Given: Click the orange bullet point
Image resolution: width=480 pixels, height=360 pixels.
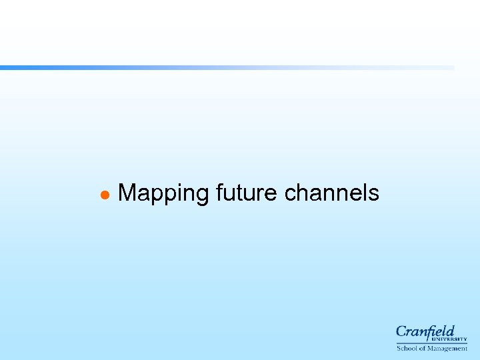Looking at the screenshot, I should pos(104,195).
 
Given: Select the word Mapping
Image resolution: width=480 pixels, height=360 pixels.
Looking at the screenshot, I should pos(163,194).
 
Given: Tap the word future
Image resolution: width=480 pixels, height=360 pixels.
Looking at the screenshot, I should pos(247,193).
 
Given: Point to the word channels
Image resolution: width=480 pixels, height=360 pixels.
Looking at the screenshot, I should pos(331,193).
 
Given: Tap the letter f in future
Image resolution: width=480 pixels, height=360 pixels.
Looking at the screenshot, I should pos(220,193).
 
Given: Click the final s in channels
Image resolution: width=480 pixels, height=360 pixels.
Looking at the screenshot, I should pos(373,195).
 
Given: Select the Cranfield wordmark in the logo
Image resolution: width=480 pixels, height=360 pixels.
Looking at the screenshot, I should pos(425,332).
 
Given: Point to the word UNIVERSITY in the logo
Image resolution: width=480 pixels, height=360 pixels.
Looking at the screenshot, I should pos(453,339).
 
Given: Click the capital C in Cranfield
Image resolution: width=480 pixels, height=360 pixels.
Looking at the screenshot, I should pos(401,332).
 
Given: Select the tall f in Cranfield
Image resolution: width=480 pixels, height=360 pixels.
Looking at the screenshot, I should pos(433,332).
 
